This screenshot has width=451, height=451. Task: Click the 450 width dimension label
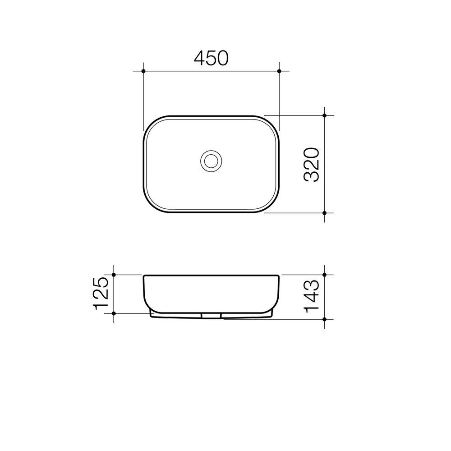[x=211, y=58]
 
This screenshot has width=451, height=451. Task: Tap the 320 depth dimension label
[x=312, y=165]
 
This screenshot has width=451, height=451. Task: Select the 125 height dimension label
[x=101, y=294]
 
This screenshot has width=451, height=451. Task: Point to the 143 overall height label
[x=312, y=296]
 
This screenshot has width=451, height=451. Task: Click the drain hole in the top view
[x=211, y=161]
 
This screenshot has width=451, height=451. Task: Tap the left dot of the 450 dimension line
[x=143, y=71]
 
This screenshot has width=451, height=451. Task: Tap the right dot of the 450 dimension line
[x=279, y=71]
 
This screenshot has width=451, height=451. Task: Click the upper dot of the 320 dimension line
[x=324, y=115]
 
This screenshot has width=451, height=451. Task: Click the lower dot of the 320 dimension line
[x=324, y=213]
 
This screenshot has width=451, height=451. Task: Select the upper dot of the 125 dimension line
[x=114, y=275]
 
